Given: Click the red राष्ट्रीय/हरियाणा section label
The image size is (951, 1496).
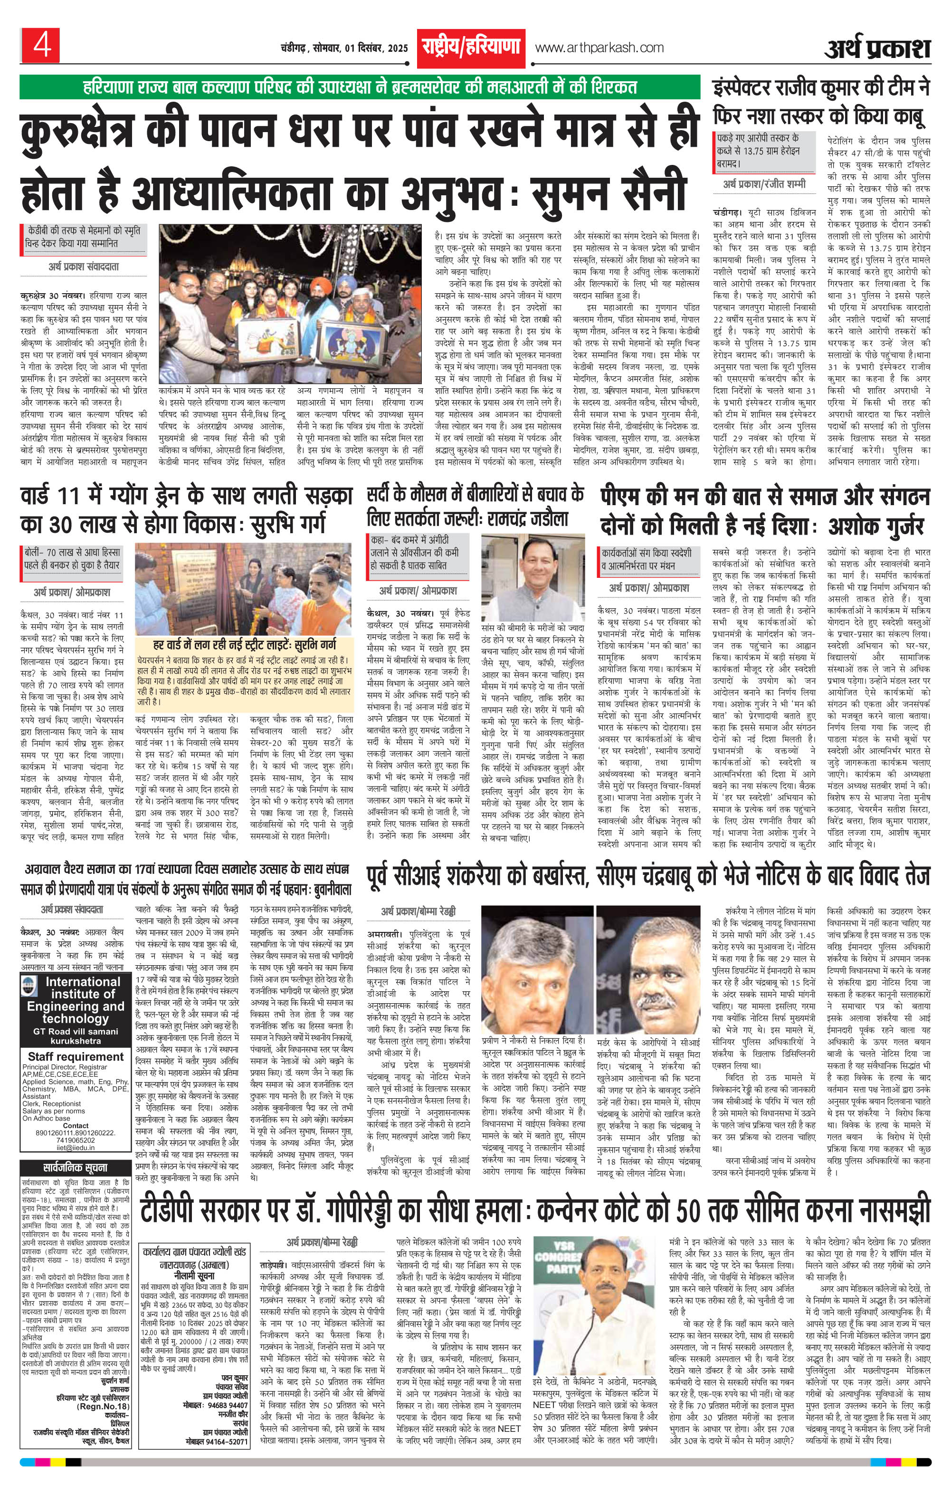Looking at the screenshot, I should coord(470,47).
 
